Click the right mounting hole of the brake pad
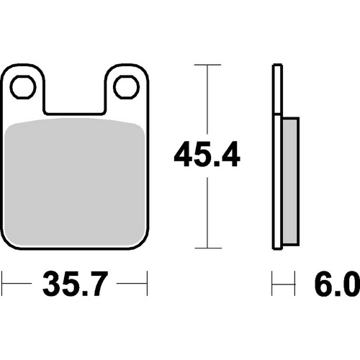[127, 87]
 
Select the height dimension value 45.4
[207, 155]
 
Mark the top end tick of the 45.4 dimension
[207, 66]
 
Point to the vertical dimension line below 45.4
[207, 212]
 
